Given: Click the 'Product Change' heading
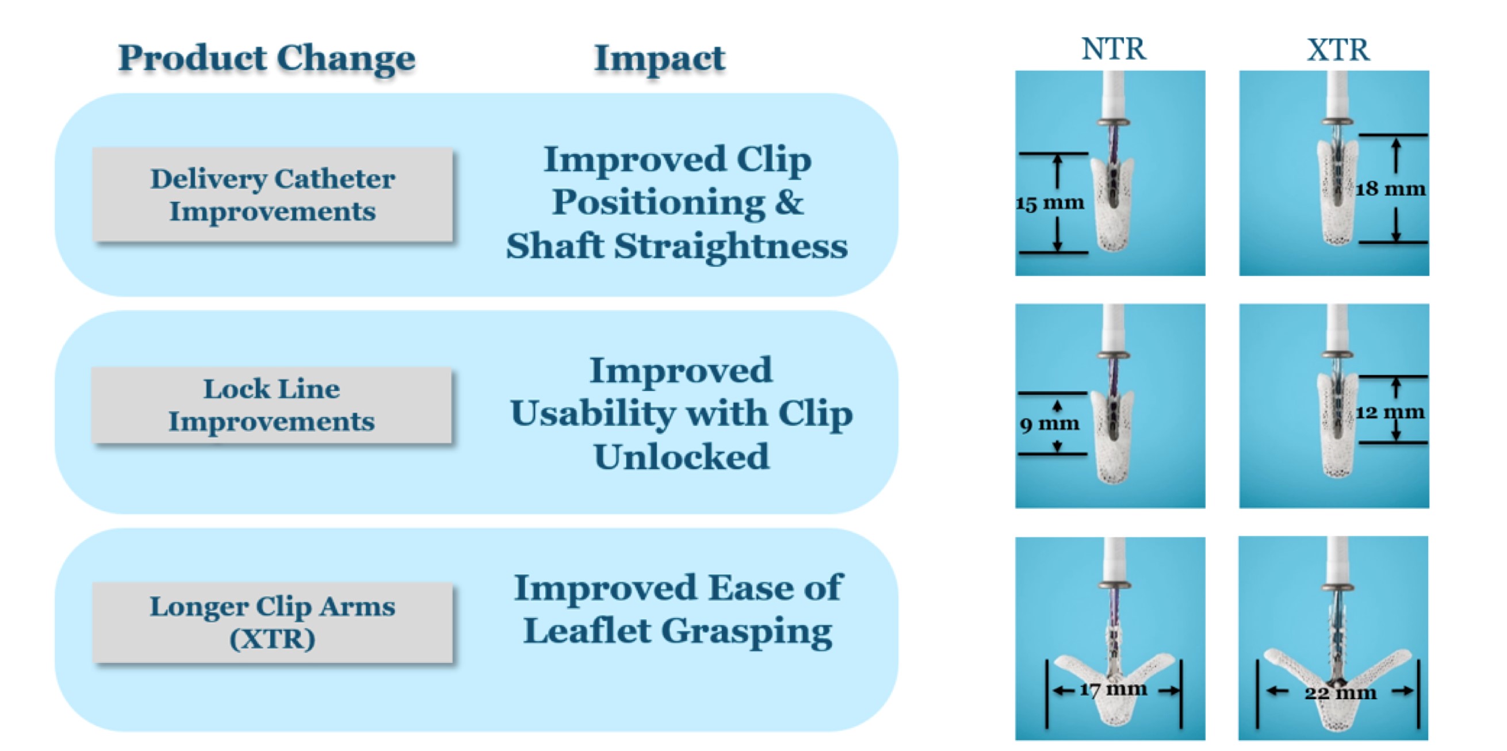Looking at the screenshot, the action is coord(267,59).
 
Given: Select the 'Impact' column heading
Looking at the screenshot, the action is coord(659,59).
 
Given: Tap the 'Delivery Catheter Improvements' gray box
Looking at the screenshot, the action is coord(272,194).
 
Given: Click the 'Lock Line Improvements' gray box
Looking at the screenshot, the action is coord(271,405).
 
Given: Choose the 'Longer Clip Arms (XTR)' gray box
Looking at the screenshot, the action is coord(272,622).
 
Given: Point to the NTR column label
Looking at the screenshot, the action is coord(1114,49).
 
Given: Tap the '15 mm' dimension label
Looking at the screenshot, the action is coord(1050,204).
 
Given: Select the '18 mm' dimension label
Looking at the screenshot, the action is coord(1391,189).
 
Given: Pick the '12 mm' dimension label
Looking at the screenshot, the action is coord(1390,412).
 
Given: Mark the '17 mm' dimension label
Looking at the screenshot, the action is coord(1114,689).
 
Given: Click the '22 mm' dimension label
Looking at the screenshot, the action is coord(1340,693).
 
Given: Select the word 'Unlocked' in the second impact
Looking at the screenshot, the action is coord(682,457).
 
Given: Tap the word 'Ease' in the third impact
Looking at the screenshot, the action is coord(749,587).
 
